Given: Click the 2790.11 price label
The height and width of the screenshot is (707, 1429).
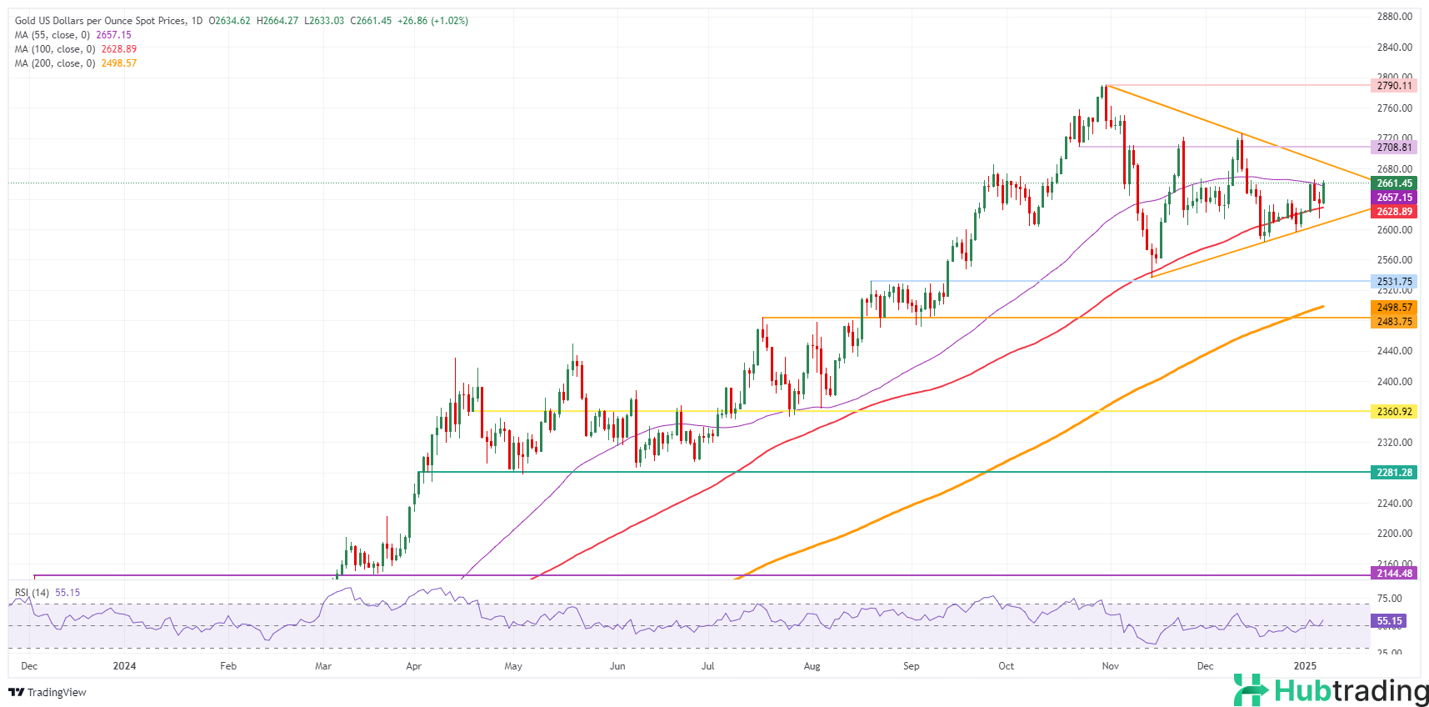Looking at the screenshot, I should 1394,86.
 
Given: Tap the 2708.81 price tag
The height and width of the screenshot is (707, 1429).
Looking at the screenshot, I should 1394,148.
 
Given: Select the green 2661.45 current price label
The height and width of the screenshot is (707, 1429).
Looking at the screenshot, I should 1394,183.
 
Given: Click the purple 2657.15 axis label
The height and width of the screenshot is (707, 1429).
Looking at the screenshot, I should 1394,198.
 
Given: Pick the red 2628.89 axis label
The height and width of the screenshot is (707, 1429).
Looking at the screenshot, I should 1394,212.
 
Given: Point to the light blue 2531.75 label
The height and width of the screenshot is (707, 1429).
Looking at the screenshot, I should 1394,282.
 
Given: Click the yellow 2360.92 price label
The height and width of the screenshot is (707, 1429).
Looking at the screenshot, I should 1394,412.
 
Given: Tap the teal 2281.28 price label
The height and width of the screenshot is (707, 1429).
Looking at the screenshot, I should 1394,473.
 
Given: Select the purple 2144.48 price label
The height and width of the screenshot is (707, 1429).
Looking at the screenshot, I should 1394,574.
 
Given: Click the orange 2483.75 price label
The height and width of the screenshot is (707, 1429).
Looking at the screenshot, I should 1394,322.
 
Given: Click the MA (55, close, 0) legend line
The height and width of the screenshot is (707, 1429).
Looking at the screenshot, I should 72,35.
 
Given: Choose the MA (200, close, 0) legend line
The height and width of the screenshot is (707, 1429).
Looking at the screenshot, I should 75,63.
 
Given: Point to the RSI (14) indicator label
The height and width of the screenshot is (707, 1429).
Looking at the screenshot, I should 32,593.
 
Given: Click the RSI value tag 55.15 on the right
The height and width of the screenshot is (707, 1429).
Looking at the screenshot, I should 1389,621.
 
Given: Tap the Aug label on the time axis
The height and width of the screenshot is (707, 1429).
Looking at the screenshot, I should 812,666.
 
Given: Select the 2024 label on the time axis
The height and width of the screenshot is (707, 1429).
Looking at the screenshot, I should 124,666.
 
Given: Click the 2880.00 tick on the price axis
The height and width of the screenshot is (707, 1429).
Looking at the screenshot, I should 1394,17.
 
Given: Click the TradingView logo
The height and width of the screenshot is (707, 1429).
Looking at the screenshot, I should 47,692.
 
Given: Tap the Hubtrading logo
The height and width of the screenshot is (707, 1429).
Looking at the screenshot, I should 1331,690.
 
